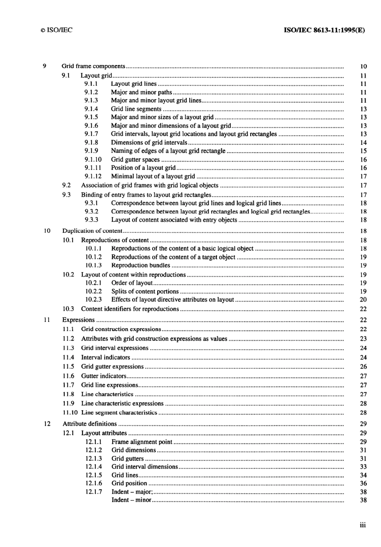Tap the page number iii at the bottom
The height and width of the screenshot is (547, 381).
[x=363, y=525]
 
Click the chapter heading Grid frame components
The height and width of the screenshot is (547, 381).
[x=93, y=66]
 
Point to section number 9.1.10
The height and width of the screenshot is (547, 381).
[x=93, y=159]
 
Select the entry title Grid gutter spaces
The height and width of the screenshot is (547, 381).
[x=135, y=159]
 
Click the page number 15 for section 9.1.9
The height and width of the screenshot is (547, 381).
[x=363, y=151]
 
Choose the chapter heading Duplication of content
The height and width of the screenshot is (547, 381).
[x=92, y=231]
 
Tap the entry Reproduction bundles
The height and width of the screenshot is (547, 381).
[x=141, y=265]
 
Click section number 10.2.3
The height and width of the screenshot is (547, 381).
[x=93, y=299]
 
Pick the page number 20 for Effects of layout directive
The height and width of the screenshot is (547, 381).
[x=363, y=299]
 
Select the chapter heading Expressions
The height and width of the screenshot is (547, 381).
[x=79, y=320]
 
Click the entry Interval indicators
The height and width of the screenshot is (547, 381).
[x=105, y=357]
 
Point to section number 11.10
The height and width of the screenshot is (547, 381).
[x=70, y=413]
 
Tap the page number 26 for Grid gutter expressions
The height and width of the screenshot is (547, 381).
[x=363, y=366]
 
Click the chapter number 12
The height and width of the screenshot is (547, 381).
[x=47, y=424]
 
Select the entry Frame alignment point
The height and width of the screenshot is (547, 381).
[x=142, y=442]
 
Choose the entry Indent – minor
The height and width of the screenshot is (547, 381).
[x=132, y=500]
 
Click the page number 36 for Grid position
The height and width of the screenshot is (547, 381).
[x=363, y=484]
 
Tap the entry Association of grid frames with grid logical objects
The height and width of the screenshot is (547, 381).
[x=150, y=185]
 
